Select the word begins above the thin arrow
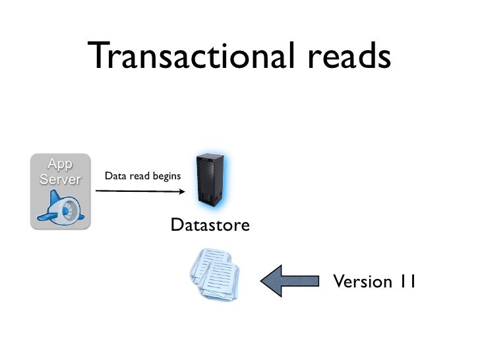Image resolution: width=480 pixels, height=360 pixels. [167, 177]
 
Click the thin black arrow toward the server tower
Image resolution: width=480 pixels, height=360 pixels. [138, 191]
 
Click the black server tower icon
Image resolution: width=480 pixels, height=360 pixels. [210, 178]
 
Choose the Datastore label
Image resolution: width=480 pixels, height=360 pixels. [210, 226]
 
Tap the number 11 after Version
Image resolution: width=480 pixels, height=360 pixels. [406, 282]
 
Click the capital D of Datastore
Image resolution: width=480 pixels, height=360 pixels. [176, 226]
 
